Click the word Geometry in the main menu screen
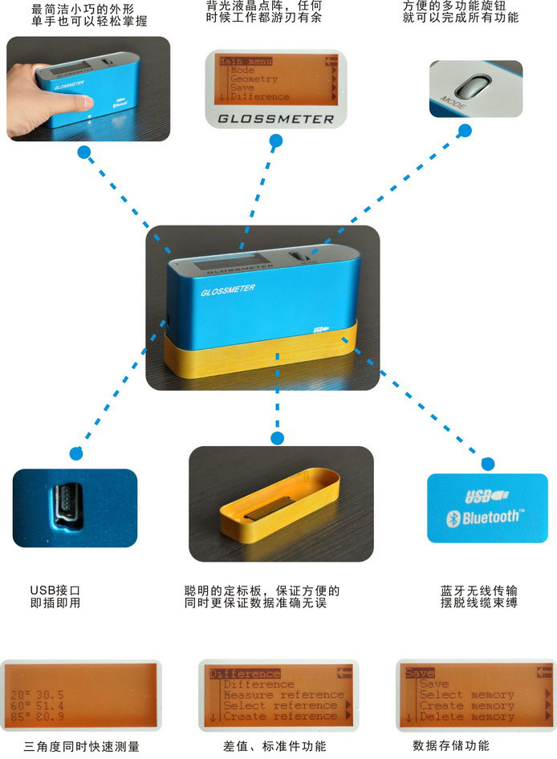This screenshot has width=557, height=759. click(254, 79)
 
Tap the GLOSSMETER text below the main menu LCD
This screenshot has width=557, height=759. click(275, 119)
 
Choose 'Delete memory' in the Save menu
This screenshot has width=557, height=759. click(466, 716)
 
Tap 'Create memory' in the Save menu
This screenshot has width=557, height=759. click(466, 706)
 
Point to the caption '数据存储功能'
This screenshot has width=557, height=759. click(450, 745)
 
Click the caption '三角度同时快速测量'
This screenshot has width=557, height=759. click(81, 746)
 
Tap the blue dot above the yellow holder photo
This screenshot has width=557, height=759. click(278, 438)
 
